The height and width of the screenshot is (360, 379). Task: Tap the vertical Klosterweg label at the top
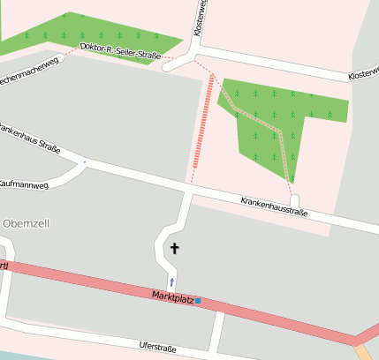[204, 17]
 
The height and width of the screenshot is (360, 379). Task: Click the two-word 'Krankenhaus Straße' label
[30, 139]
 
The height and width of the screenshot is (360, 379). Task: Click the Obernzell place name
[27, 223]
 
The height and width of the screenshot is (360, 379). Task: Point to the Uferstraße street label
[158, 348]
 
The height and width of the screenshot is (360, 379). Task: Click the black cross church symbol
[174, 249]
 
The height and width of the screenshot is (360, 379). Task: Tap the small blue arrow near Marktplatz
[172, 281]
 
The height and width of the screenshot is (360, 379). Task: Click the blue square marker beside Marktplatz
[198, 301]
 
